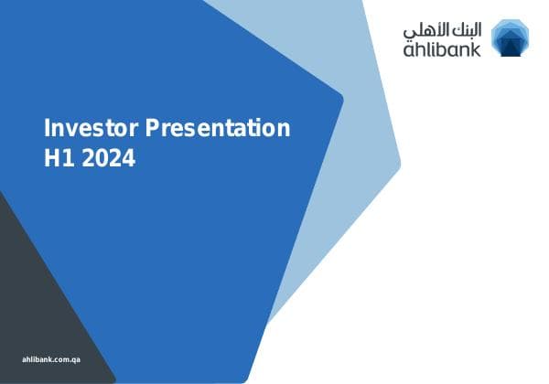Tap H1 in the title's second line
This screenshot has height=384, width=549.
(x=59, y=158)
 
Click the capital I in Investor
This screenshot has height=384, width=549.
(x=48, y=128)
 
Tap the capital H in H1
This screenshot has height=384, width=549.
(x=52, y=158)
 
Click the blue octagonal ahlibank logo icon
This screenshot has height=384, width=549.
(x=510, y=37)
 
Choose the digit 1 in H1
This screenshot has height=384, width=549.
(x=69, y=158)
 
